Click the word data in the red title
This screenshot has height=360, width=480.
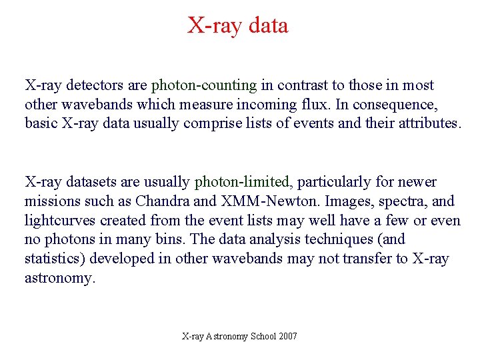pos(267,25)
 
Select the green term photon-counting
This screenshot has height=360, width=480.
pos(204,85)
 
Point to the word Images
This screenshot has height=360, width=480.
pos(339,201)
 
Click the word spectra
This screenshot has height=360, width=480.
pos(403,201)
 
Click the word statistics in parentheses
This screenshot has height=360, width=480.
pos(56,259)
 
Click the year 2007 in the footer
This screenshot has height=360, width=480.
pos(288,336)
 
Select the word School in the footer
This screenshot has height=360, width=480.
pos(263,336)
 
